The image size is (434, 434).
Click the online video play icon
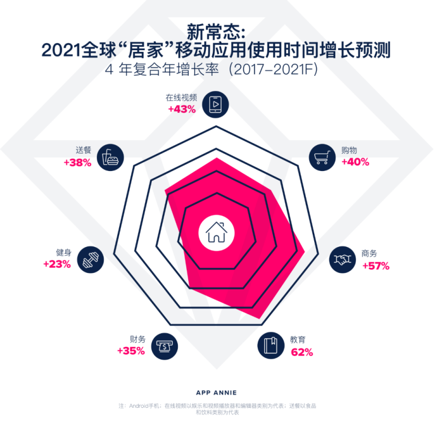pyautogui.click(x=215, y=104)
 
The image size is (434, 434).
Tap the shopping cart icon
pyautogui.click(x=322, y=156)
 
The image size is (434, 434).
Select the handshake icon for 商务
pyautogui.click(x=342, y=259)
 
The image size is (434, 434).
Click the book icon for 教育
pyautogui.click(x=271, y=346)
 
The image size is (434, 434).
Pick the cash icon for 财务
pyautogui.click(x=164, y=346)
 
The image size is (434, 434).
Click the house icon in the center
pyautogui.click(x=216, y=232)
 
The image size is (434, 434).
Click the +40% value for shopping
pyautogui.click(x=355, y=162)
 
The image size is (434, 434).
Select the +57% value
pyautogui.click(x=375, y=266)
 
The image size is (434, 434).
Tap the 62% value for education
pyautogui.click(x=302, y=352)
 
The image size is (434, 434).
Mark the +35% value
pyautogui.click(x=131, y=351)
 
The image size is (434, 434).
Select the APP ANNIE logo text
pyautogui.click(x=216, y=392)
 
